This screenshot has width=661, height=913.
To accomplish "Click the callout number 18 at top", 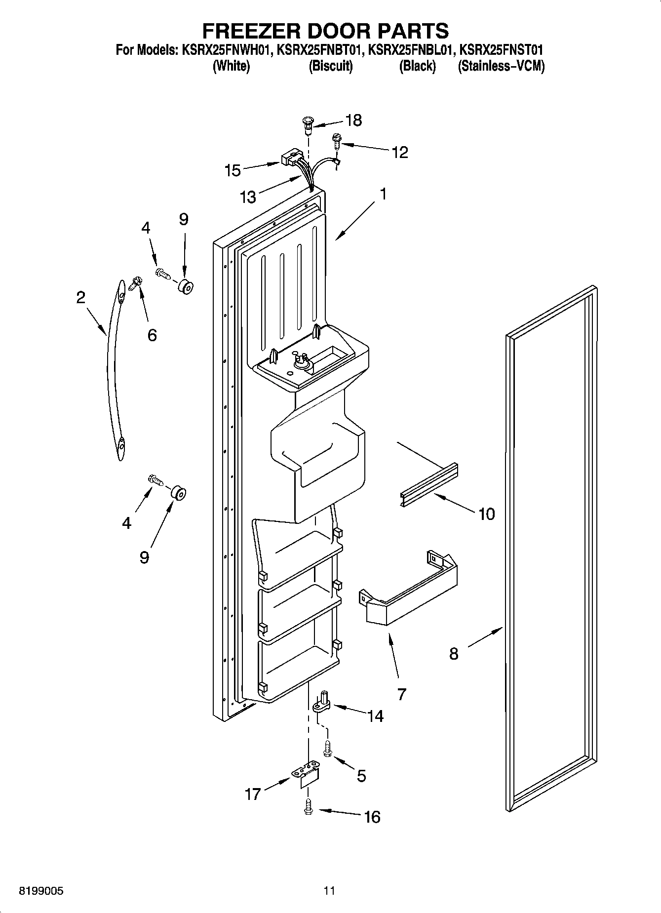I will [x=354, y=120].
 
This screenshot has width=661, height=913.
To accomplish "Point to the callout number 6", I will [x=152, y=335].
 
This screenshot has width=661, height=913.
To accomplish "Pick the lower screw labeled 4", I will [x=155, y=479].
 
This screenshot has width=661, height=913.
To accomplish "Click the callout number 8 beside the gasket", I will [x=454, y=654].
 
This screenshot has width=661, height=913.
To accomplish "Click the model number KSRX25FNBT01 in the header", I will [x=320, y=50].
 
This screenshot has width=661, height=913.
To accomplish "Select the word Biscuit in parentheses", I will [x=330, y=66].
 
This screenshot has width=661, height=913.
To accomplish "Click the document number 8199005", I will [x=40, y=891].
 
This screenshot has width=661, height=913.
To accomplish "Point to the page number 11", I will [x=329, y=891].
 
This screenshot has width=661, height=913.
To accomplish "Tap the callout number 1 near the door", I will [x=383, y=194].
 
